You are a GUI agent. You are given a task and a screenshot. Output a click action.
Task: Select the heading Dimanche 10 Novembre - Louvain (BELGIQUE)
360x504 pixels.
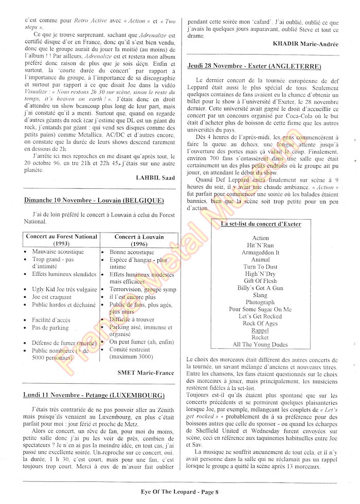pos(94,200)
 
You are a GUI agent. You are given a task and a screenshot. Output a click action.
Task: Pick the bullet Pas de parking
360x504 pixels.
pos(50,327)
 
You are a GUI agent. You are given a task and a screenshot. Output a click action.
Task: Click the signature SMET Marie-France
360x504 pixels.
pos(146,373)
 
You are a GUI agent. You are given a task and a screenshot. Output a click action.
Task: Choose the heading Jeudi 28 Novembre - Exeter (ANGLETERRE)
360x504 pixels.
pos(255,67)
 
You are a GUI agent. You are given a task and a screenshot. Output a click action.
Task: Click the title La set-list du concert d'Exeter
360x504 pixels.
pos(260,225)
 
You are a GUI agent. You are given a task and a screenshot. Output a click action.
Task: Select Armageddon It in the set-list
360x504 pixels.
pos(260,253)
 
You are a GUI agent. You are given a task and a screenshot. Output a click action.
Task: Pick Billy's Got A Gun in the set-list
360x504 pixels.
pos(260,288)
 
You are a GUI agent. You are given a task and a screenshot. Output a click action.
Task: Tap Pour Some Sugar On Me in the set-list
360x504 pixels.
pos(260,309)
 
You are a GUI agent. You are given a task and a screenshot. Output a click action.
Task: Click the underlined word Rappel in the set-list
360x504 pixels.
pos(260,330)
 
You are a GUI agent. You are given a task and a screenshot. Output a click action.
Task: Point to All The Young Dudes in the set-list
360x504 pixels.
pos(260,345)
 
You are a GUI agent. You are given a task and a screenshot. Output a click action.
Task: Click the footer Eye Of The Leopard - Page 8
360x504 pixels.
pos(180,492)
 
